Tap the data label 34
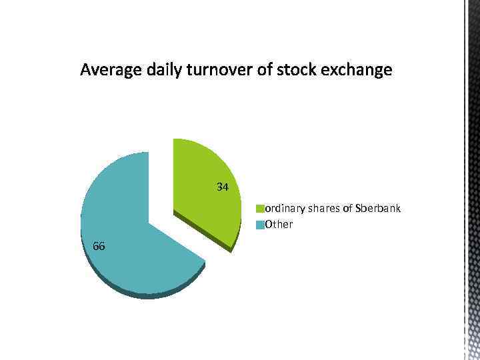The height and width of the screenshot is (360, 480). click(223, 187)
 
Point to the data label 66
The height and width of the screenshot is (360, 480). click(99, 246)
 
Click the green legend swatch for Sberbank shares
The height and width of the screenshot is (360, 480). click(261, 209)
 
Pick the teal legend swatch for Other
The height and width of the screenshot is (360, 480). click(261, 225)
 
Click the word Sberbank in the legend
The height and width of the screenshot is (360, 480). click(378, 209)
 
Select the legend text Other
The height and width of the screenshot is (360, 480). click(279, 225)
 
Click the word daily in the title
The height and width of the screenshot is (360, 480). click(160, 70)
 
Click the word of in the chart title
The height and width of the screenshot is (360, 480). click(262, 70)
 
